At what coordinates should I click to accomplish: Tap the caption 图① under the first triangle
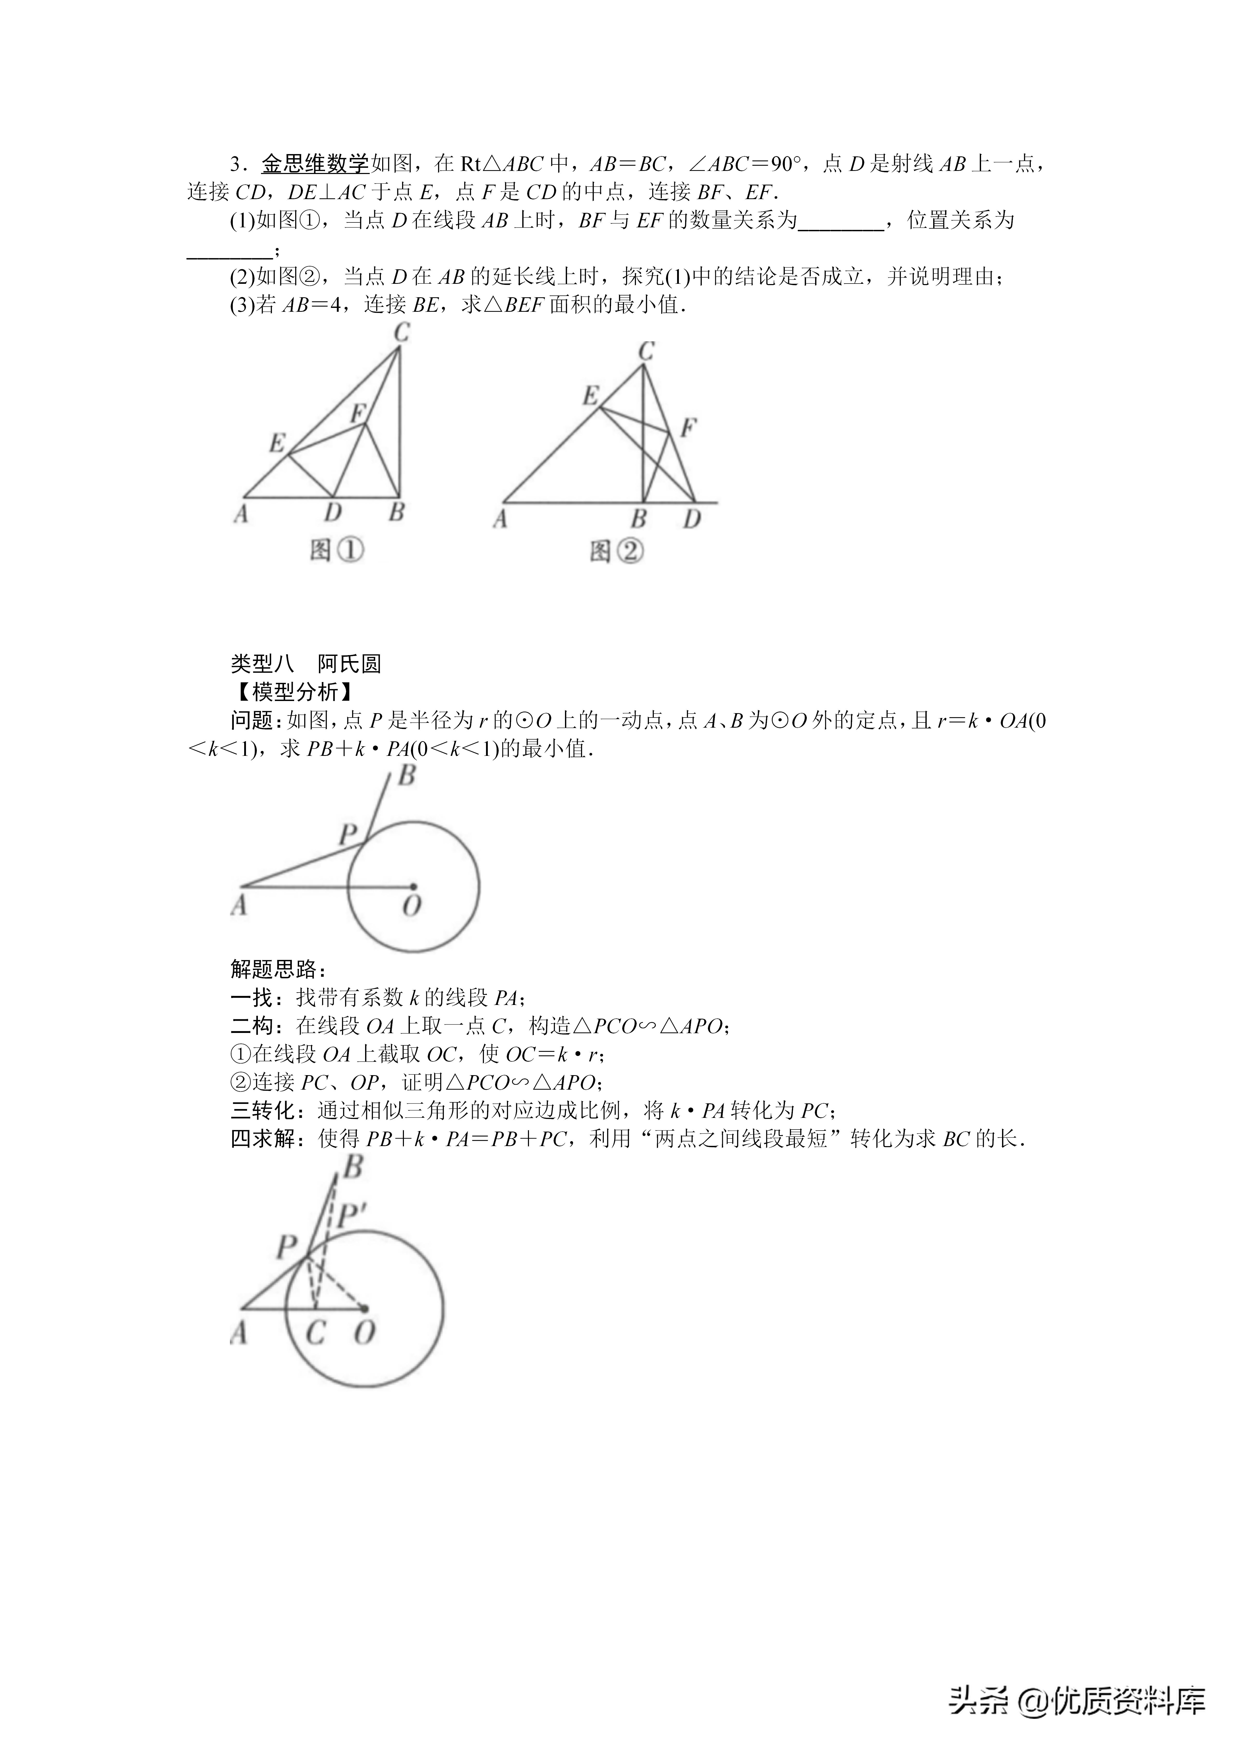click(x=337, y=551)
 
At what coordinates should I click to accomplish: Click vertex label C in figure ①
click(x=402, y=333)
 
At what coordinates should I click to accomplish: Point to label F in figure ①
click(x=358, y=413)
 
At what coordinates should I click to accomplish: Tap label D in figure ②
click(x=691, y=519)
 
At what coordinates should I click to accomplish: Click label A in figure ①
click(x=241, y=514)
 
